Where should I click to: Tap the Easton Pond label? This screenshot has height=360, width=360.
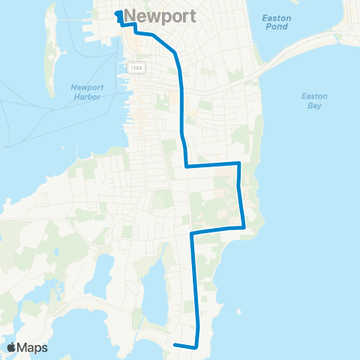tap(275, 22)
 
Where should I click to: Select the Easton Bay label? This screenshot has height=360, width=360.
tap(314, 101)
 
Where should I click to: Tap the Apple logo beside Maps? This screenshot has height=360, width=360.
tap(12, 347)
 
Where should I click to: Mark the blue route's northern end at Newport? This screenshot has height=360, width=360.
tap(118, 13)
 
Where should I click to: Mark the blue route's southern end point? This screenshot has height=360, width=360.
tap(175, 345)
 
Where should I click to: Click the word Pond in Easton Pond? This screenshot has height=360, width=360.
tap(275, 28)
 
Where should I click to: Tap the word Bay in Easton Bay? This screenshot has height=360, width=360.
tap(314, 106)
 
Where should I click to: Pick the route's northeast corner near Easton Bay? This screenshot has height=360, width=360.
tap(238, 163)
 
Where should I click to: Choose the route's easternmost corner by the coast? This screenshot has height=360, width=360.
tap(244, 226)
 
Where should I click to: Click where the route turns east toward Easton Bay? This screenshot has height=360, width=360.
tap(186, 166)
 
